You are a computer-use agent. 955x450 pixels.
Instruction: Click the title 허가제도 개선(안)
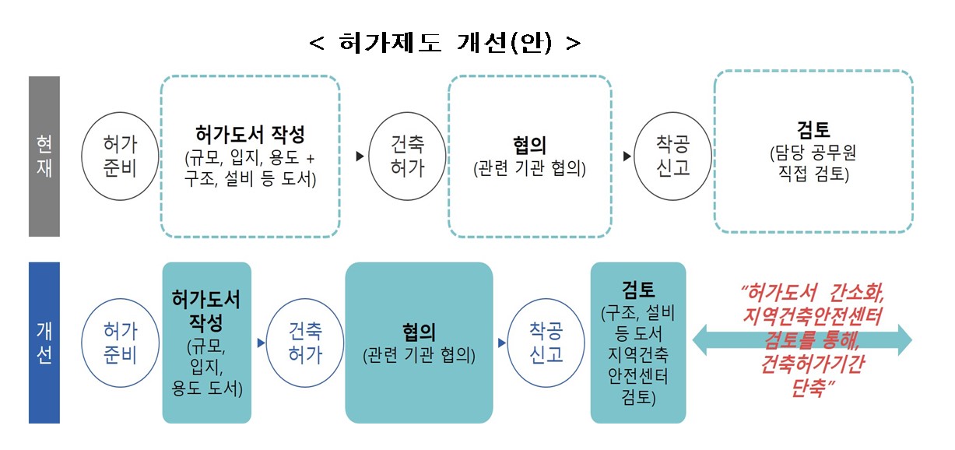pos(445,44)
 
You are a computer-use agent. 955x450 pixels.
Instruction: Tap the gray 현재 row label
pos(44,156)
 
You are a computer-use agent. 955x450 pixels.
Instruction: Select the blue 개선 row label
pos(44,343)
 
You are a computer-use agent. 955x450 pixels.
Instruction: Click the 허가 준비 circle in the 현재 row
pos(120,156)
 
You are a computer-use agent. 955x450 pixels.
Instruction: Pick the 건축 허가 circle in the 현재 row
pos(407,156)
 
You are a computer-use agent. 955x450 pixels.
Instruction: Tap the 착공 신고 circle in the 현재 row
pos(673,156)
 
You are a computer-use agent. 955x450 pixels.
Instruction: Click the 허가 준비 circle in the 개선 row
pos(120,343)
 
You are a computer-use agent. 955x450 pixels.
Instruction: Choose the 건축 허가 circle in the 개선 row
pos(305,343)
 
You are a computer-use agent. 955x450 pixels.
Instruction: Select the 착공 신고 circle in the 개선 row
pos(546,343)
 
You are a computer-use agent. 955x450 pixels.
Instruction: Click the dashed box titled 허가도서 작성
pos(251,156)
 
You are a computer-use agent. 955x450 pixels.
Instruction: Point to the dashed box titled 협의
pos(529,156)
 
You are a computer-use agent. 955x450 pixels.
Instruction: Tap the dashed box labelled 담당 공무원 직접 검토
pos(813,152)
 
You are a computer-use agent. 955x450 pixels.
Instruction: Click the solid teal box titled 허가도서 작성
pos(206,343)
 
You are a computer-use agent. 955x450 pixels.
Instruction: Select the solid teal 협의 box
pos(420,343)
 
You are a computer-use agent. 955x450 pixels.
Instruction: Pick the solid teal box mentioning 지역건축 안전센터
pos(637,343)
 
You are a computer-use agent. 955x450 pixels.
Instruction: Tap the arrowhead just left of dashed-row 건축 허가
pos(360,156)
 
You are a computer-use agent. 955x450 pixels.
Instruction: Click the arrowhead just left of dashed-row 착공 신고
pos(627,156)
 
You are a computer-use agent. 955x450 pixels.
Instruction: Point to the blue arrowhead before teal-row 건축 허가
pos(261,342)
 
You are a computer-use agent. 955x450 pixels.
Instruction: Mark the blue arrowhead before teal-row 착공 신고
pos(500,342)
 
